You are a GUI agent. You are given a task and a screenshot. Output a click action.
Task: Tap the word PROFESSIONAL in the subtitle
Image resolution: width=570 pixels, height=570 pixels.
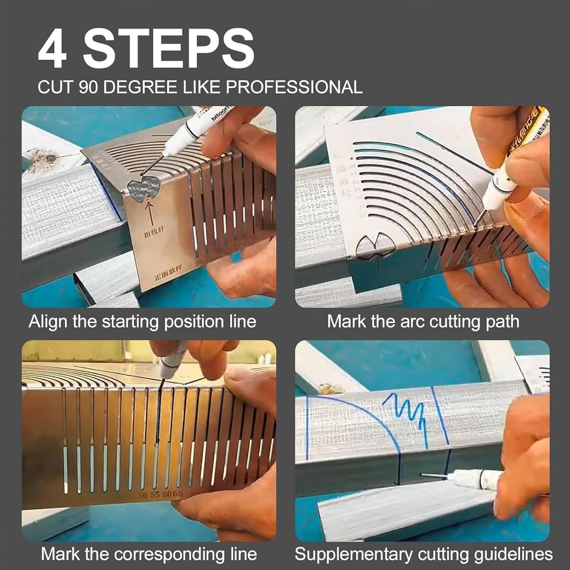(x=294, y=87)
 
